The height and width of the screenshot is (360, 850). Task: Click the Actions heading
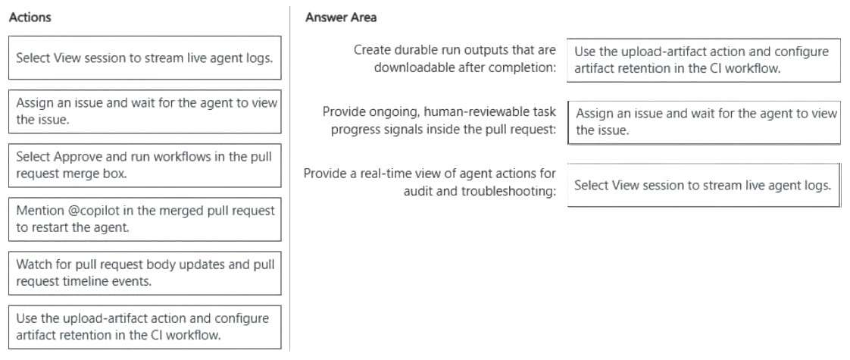[30, 17]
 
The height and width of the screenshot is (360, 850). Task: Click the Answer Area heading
[341, 17]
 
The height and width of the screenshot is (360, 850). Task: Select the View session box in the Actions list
[145, 58]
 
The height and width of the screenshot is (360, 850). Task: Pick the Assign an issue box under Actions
[145, 111]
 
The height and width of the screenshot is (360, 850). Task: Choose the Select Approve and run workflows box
[145, 165]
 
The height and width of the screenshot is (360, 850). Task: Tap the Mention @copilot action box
[145, 219]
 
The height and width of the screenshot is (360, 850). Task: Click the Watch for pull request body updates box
[145, 274]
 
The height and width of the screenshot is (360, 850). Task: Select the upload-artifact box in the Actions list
[145, 327]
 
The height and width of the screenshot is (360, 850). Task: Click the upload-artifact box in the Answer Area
[704, 60]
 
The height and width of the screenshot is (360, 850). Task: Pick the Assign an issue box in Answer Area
[704, 122]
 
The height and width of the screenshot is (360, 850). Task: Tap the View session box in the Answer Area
[704, 185]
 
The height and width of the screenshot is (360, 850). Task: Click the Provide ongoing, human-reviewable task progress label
[439, 121]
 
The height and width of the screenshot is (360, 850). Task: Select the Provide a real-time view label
[430, 183]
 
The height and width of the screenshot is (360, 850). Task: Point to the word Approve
[75, 157]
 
